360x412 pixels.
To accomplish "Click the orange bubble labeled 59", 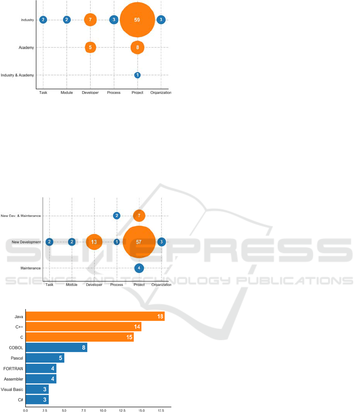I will [137, 20].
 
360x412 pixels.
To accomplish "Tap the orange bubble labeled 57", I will [139, 242].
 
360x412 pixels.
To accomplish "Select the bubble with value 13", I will [94, 242].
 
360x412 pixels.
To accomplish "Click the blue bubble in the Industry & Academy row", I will [137, 75].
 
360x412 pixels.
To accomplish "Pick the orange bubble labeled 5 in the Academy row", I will [90, 48].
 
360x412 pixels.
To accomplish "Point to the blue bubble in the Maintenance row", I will [139, 268].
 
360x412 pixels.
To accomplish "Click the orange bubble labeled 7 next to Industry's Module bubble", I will [90, 20].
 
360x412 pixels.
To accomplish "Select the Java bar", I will [95, 317].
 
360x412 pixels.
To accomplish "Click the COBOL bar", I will [56, 348].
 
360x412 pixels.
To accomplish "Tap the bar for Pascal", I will [45, 358].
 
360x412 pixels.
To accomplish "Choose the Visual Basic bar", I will [37, 389].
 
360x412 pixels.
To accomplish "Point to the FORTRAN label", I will [14, 368].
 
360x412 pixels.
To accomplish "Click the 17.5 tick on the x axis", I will [161, 410].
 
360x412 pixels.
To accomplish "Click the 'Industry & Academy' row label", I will [17, 75].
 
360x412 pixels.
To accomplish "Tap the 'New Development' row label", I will [26, 242].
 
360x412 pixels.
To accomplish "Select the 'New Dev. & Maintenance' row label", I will [21, 216].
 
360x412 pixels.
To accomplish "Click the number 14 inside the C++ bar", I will [137, 327].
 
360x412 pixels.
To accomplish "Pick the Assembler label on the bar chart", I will [14, 379].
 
